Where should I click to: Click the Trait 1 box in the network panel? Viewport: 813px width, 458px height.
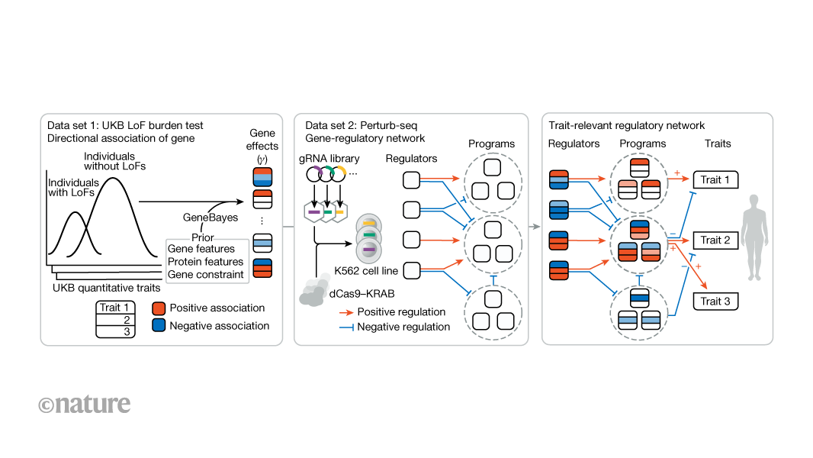pyautogui.click(x=716, y=180)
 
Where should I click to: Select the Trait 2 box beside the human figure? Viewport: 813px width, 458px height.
pyautogui.click(x=716, y=240)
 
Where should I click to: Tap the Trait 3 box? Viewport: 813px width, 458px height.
pyautogui.click(x=716, y=302)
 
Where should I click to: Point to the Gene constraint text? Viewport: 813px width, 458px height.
pyautogui.click(x=206, y=275)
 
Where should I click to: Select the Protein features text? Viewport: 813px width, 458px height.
pyautogui.click(x=206, y=262)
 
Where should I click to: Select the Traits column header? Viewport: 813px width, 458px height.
pyautogui.click(x=718, y=144)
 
